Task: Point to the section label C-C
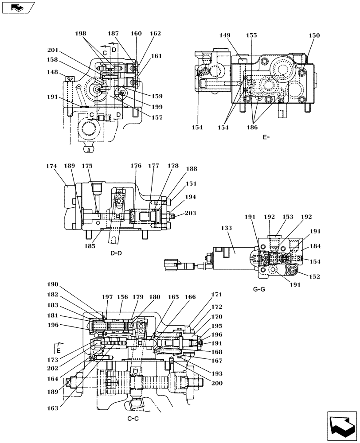[x=133, y=419]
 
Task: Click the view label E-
[x=266, y=137]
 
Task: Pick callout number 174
[x=52, y=166]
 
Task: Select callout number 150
[x=314, y=35]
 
